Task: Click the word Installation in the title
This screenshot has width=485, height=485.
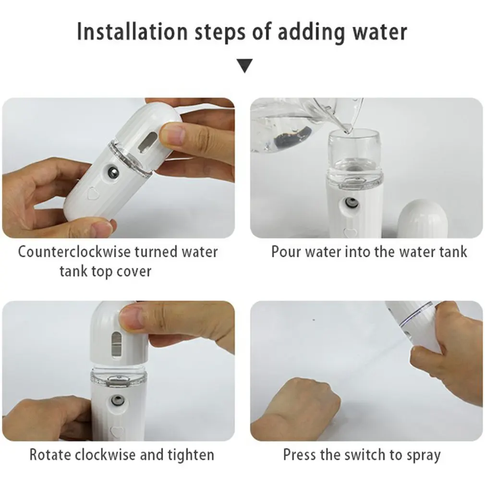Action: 133,32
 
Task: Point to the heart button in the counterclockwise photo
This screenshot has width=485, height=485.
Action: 93,194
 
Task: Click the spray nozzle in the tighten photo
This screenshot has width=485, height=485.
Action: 117,401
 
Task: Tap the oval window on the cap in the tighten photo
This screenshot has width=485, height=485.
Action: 117,345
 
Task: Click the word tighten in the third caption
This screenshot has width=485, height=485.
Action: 191,456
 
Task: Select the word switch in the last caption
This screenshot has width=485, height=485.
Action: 365,455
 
